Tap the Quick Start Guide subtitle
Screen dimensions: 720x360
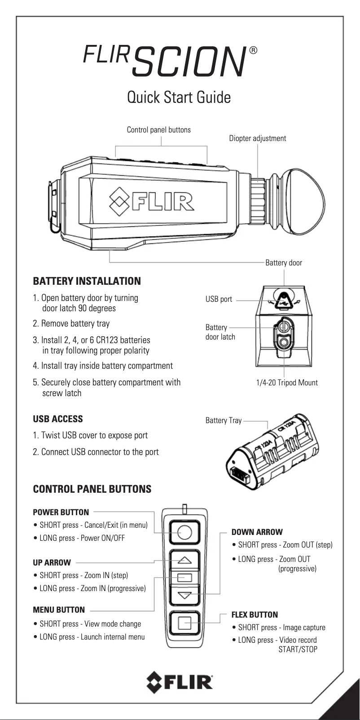(x=179, y=97)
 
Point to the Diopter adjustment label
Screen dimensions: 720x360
(x=257, y=138)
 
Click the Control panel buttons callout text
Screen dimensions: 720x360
(x=158, y=130)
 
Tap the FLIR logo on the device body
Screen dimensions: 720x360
(x=153, y=200)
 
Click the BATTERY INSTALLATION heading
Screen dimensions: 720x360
(x=87, y=281)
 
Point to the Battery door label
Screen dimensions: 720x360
(x=283, y=263)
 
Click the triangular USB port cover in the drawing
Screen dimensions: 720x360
(x=283, y=301)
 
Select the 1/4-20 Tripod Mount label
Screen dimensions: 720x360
(x=286, y=383)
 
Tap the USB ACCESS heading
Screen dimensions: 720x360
(x=58, y=419)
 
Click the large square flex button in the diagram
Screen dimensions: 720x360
(x=184, y=623)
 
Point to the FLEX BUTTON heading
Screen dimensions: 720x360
(x=255, y=614)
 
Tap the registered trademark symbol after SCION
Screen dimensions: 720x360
(x=253, y=51)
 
